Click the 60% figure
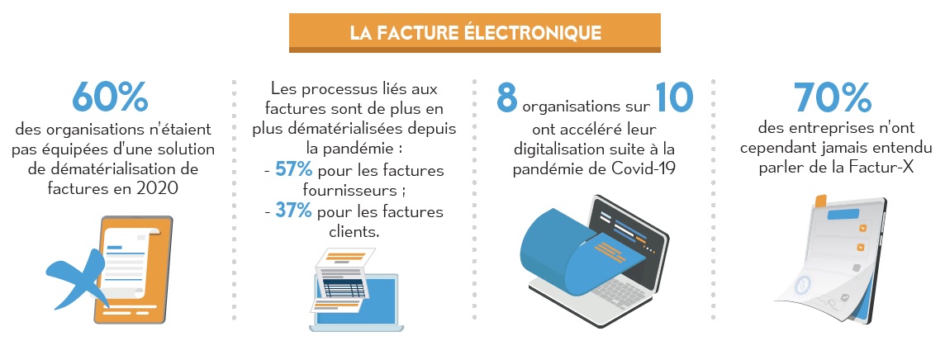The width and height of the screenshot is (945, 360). [110, 97]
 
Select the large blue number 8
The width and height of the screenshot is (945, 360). [507, 97]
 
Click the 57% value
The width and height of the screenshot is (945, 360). [293, 169]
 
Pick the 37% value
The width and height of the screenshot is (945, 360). [293, 211]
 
